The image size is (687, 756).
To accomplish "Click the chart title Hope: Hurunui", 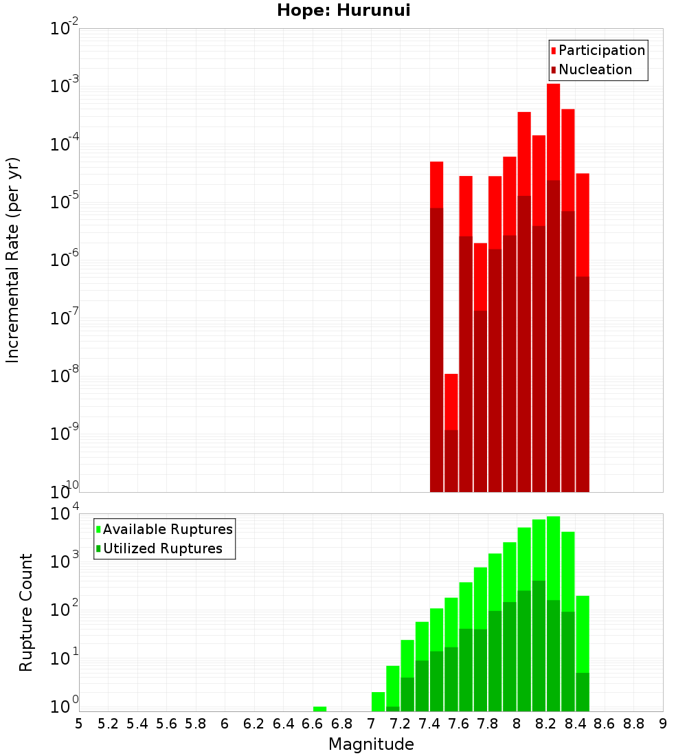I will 343,11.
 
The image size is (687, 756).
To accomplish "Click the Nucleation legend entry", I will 595,69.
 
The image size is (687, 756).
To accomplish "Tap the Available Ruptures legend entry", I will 168,529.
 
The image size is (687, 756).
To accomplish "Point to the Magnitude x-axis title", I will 371,744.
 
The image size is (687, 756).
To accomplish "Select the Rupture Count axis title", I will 26,612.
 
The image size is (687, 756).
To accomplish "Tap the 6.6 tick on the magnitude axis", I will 313,724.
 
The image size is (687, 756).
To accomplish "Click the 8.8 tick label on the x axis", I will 634,724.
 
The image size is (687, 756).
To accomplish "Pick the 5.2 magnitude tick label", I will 108,724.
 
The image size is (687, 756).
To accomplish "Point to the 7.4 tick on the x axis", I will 429,724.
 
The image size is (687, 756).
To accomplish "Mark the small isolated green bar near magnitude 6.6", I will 319,709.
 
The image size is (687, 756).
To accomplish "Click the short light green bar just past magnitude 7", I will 378,701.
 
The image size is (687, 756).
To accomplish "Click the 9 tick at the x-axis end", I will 663,724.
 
